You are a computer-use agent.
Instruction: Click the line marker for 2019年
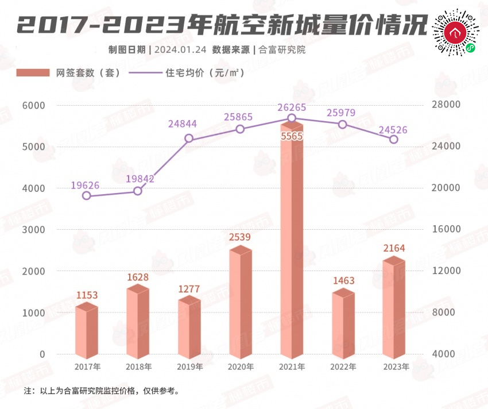(189, 138)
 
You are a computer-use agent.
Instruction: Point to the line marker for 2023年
(394, 140)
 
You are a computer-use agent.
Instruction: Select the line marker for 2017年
(87, 195)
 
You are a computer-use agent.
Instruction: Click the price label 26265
(292, 107)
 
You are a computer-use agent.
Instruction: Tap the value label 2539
(241, 237)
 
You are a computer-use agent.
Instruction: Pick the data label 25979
(342, 113)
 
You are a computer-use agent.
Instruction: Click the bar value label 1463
(343, 281)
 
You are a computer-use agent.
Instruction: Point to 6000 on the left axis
(34, 106)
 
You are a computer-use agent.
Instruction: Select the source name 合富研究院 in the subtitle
(282, 49)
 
